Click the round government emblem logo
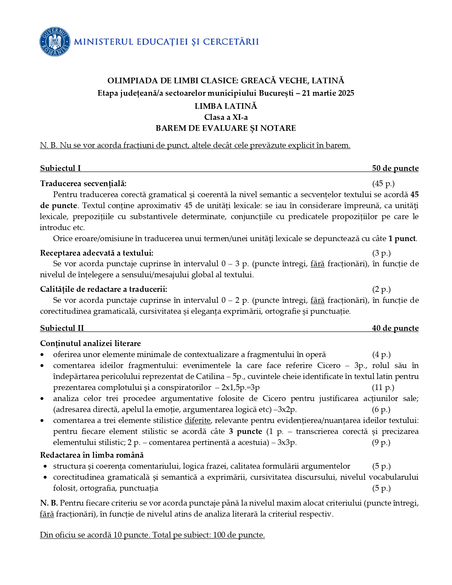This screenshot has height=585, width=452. click(x=55, y=41)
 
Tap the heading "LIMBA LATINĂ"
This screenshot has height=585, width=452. click(x=226, y=106)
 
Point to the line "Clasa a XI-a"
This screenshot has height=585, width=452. click(x=226, y=117)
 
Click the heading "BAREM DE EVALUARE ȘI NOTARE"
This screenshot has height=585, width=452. click(x=226, y=128)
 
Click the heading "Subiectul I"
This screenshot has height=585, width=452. click(x=61, y=168)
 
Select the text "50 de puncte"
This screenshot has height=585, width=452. click(x=395, y=168)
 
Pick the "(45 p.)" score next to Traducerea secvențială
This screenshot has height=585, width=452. click(x=383, y=183)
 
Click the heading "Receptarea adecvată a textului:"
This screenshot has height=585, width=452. click(x=97, y=253)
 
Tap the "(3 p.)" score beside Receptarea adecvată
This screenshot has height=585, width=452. click(x=381, y=253)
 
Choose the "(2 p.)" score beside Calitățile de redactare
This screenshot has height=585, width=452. click(x=381, y=289)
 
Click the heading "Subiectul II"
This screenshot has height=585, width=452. click(x=62, y=328)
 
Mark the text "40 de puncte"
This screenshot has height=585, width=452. click(x=395, y=328)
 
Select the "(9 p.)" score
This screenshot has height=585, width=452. click(x=381, y=442)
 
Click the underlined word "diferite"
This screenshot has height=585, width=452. click(x=197, y=420)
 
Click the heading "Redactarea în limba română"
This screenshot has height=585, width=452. click(x=92, y=455)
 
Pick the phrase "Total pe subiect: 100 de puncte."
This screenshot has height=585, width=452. click(x=209, y=535)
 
